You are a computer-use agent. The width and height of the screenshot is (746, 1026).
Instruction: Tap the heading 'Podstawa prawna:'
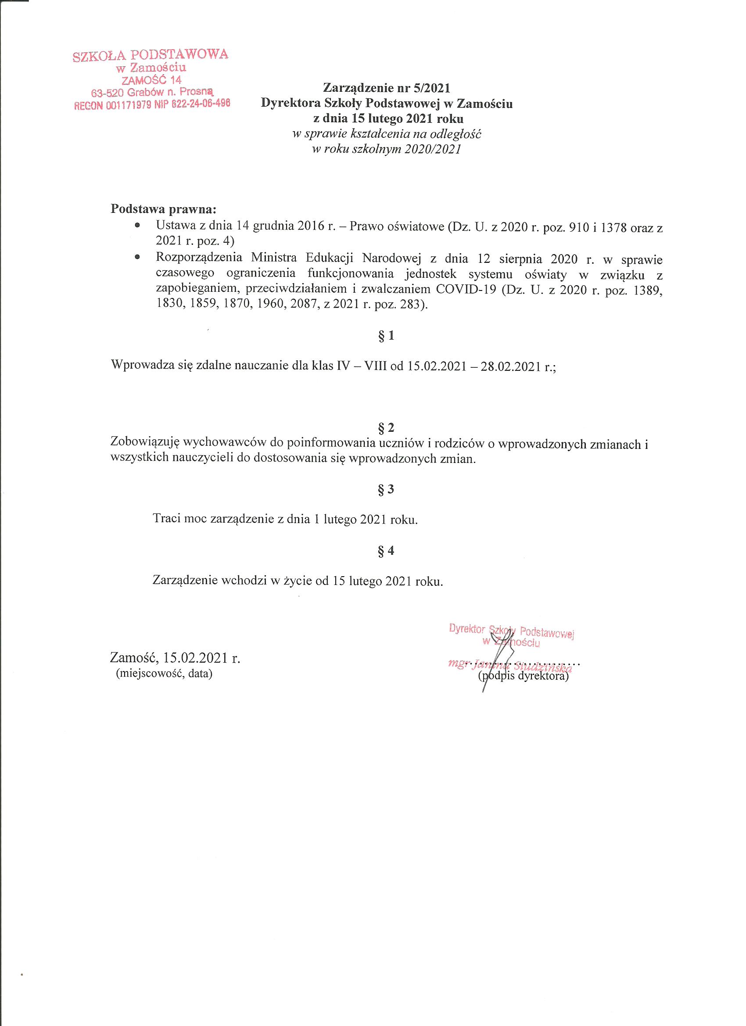point(164,210)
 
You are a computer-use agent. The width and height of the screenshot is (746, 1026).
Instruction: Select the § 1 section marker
point(386,336)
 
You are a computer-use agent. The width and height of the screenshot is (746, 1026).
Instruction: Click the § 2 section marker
point(386,427)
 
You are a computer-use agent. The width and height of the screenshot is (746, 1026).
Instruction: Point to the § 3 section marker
point(386,489)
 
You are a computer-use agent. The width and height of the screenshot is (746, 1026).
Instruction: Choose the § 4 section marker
point(386,551)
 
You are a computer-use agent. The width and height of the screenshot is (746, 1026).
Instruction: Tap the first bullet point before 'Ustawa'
point(137,225)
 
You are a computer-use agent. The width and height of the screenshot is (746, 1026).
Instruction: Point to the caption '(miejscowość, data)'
point(164,674)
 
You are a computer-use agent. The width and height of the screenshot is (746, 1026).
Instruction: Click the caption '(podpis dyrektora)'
point(523,677)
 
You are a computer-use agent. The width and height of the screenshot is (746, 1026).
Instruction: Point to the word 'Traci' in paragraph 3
point(167,519)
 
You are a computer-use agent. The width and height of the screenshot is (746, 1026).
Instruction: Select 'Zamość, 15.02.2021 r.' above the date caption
point(175,657)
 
